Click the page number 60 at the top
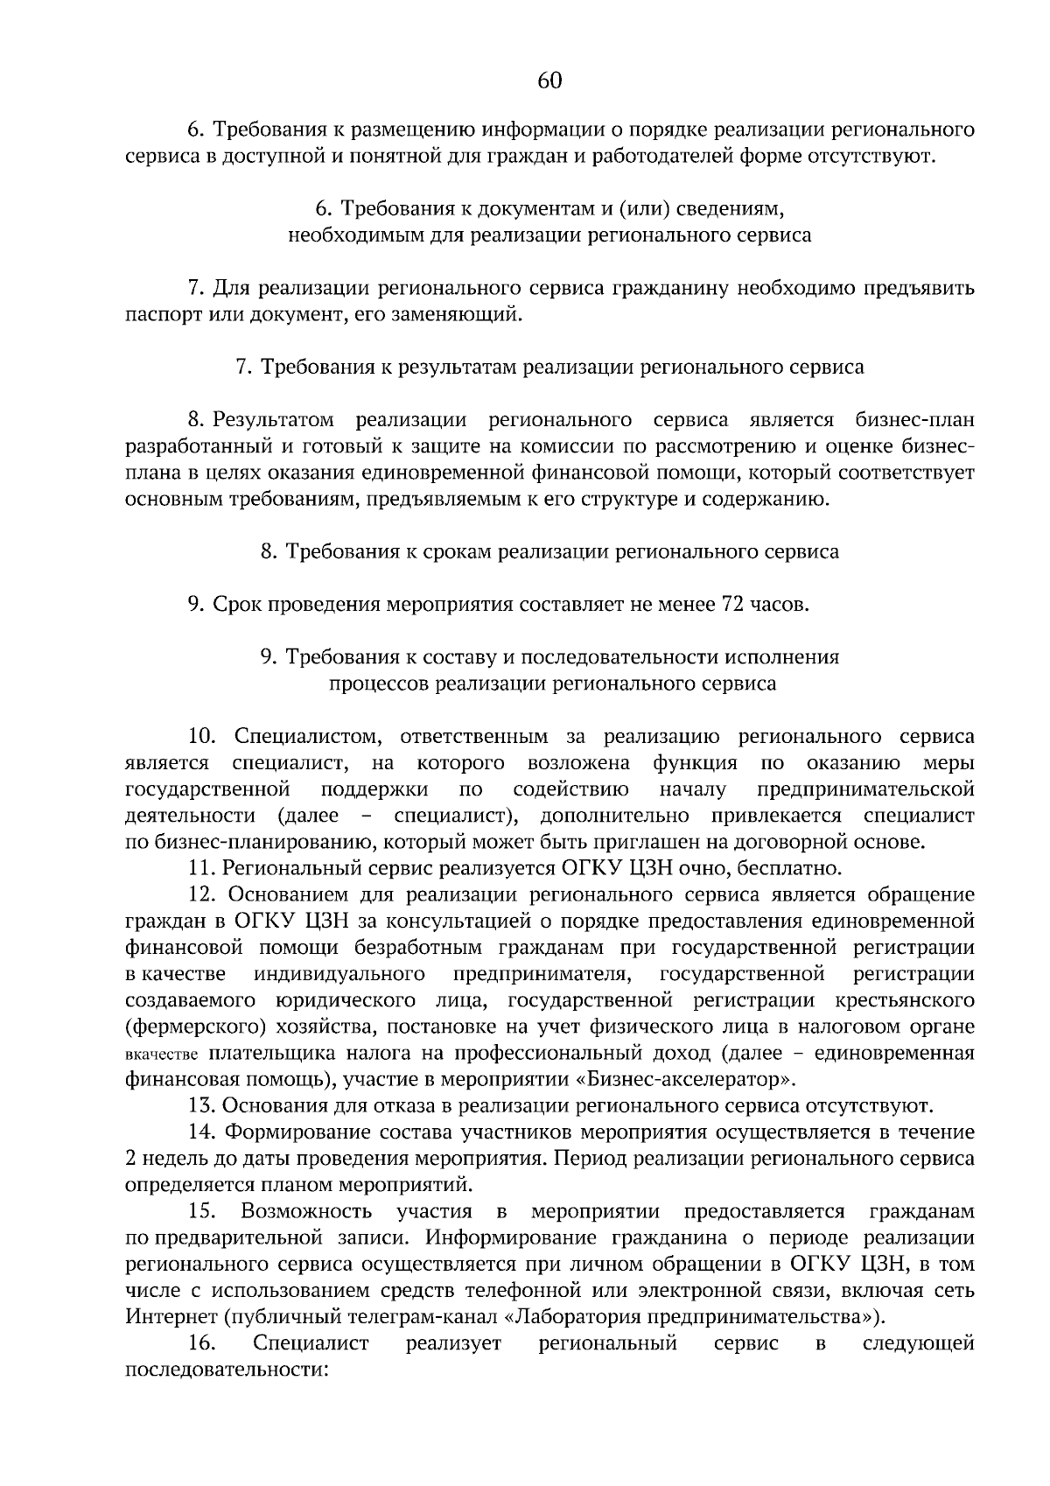click(549, 81)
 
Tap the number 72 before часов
click(731, 605)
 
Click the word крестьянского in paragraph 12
click(906, 999)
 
